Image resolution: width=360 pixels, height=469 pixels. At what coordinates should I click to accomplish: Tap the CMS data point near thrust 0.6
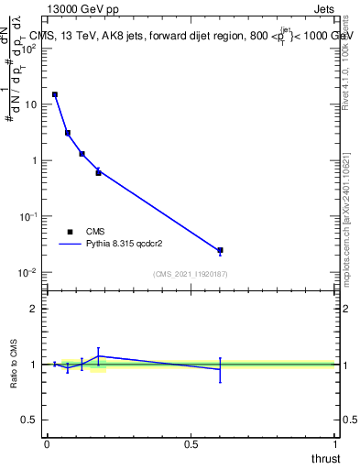[220, 250]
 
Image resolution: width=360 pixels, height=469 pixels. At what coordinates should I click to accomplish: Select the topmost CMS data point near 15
[55, 94]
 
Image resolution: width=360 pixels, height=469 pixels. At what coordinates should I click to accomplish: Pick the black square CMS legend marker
[70, 232]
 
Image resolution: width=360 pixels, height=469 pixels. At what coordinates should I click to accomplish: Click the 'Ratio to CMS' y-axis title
[15, 365]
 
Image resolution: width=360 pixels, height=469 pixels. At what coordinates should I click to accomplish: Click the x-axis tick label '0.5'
[191, 443]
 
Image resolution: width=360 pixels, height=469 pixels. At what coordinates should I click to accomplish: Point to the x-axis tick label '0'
[47, 443]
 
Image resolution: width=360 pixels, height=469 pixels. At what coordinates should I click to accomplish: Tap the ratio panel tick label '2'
[34, 309]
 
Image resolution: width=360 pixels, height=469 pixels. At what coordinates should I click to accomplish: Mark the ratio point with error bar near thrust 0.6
[220, 369]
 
